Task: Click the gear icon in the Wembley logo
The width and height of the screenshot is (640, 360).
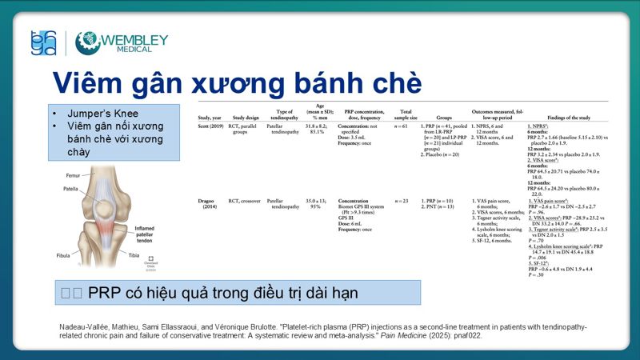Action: (x=87, y=42)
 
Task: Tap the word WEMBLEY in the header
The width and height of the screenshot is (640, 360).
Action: (x=134, y=38)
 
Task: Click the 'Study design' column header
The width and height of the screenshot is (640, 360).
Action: (x=246, y=117)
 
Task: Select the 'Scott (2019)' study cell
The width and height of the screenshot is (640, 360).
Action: (x=211, y=126)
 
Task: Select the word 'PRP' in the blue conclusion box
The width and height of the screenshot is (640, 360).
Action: (x=103, y=294)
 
